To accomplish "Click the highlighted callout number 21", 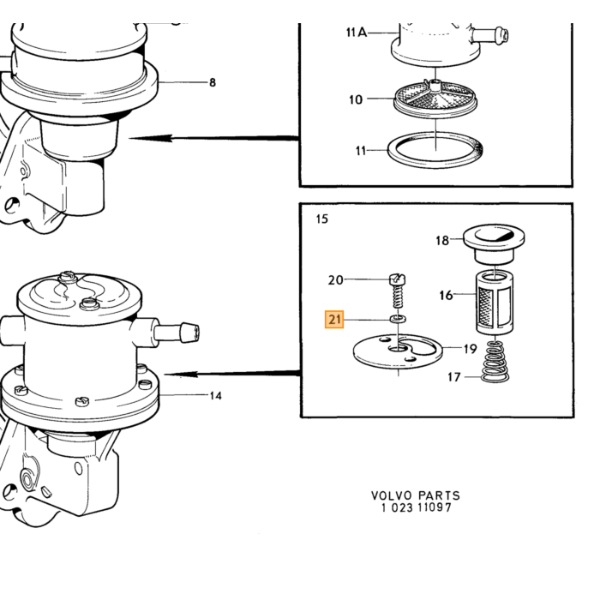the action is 334,319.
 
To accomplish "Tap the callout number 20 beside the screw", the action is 336,280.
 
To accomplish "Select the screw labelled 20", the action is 398,290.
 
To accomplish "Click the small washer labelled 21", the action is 398,319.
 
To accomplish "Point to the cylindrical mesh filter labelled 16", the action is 495,302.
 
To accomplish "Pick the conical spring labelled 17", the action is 495,362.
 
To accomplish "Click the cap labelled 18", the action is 494,244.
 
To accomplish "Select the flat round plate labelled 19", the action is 398,351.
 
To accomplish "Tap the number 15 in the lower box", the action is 322,219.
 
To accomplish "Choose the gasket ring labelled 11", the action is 435,150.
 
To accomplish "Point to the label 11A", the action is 357,33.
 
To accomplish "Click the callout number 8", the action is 213,82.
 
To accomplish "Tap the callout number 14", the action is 216,396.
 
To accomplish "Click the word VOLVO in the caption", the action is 392,496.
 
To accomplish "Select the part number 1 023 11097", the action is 417,507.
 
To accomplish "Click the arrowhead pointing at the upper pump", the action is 150,138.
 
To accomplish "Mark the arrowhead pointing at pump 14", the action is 181,374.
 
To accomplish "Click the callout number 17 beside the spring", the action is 453,377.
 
